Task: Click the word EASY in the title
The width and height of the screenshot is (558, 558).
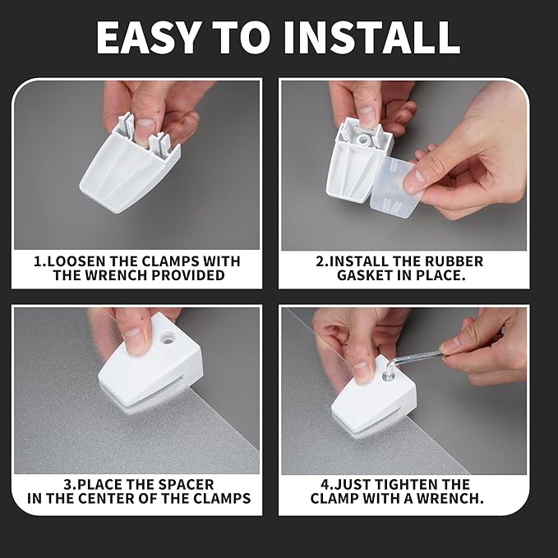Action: (x=147, y=37)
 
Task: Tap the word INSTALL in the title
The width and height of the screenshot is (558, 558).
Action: (x=371, y=37)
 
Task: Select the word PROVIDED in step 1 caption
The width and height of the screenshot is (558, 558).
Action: (x=188, y=275)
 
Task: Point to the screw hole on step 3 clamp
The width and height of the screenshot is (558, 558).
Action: (x=167, y=337)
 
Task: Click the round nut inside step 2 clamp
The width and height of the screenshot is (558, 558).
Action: (x=365, y=140)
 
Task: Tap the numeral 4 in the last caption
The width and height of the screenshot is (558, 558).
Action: (x=325, y=485)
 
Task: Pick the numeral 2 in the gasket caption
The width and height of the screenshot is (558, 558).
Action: (x=320, y=261)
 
